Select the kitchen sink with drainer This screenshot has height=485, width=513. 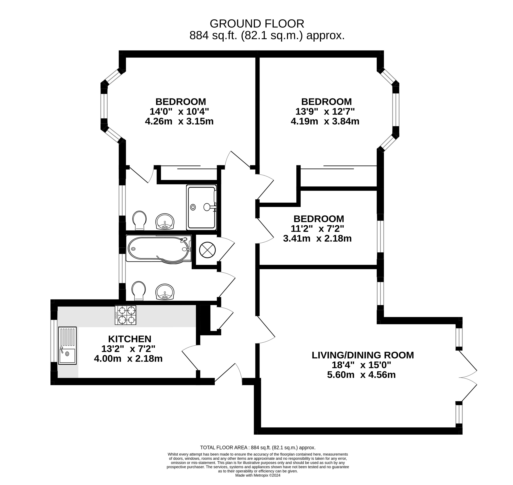coord(67,345)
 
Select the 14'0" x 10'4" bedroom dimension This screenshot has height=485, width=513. coord(179,111)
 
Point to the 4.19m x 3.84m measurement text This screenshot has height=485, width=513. coord(325,121)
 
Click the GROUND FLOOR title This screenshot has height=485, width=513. coord(257,24)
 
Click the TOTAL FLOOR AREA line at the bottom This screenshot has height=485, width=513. coord(258,447)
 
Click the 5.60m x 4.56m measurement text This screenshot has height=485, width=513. coord(361,375)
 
